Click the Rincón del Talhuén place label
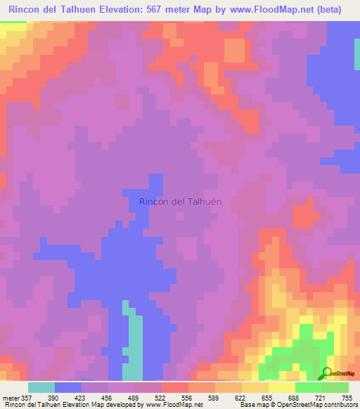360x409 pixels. click(x=181, y=201)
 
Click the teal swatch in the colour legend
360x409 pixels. click(x=41, y=387)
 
